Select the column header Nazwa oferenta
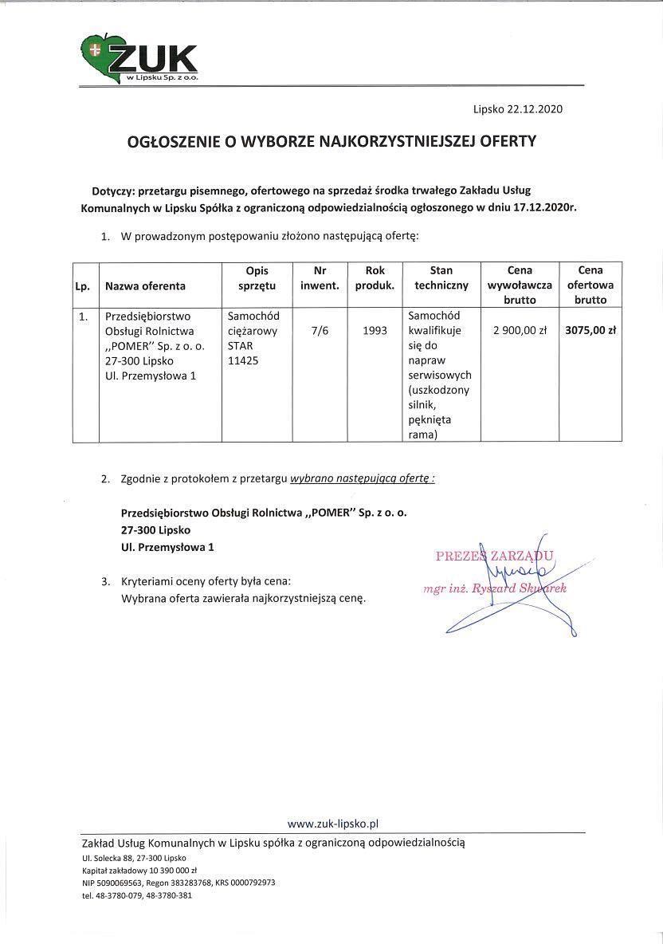pos(145,285)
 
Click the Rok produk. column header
pos(375,278)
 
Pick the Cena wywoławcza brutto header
pos(519,285)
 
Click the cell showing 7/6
pos(320,330)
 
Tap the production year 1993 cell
pos(375,330)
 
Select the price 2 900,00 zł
pos(519,330)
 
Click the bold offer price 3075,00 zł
pos(590,330)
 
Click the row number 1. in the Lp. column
pos(83,317)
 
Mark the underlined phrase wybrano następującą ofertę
pos(363,479)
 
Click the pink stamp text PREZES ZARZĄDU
pos(494,556)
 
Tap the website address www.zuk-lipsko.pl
pos(332,823)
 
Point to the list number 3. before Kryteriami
pos(105,581)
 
